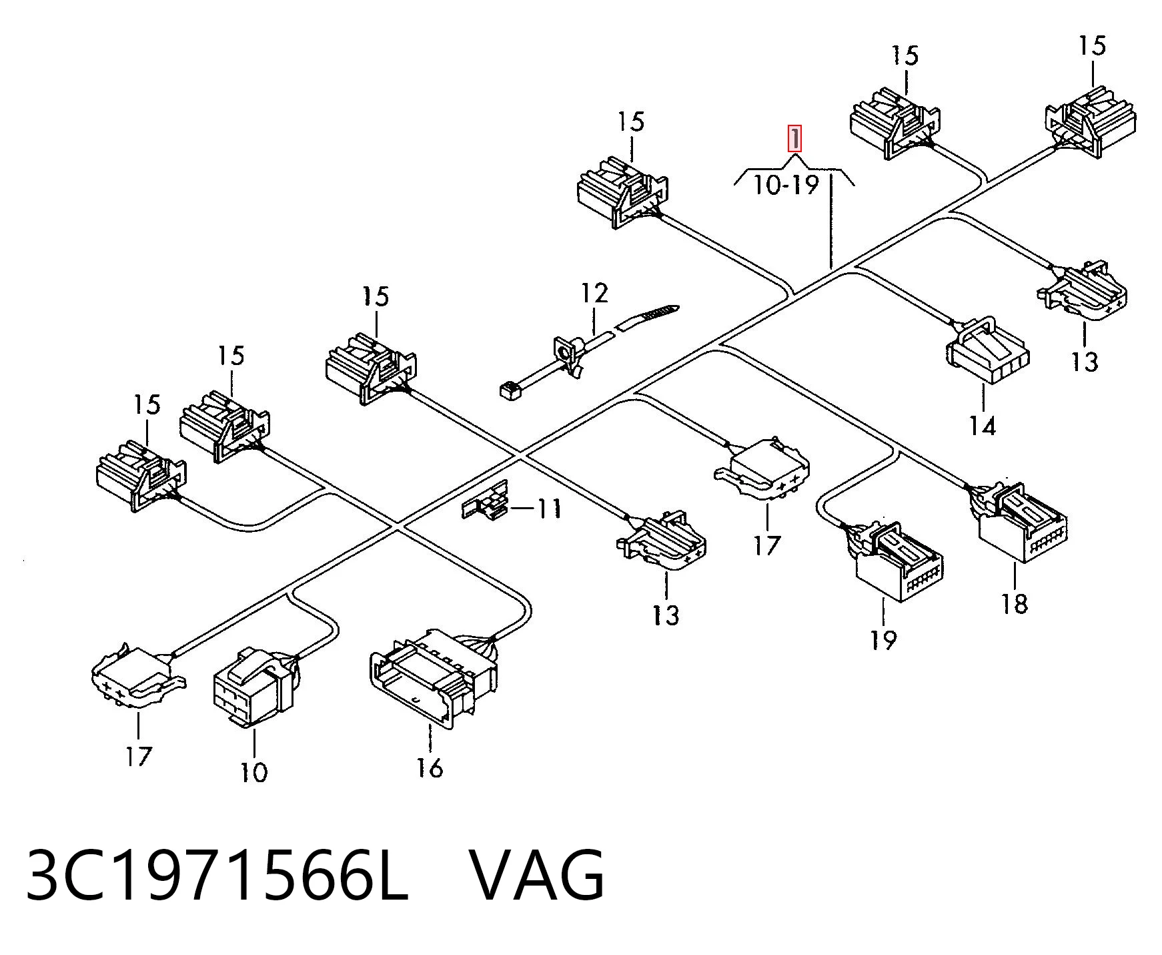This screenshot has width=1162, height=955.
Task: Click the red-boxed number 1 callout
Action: [x=794, y=139]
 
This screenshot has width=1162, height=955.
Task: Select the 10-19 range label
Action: [x=786, y=184]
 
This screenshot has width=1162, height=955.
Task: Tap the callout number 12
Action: [x=594, y=293]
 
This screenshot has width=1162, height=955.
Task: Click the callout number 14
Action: [x=982, y=425]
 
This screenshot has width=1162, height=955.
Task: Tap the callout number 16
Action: [x=430, y=767]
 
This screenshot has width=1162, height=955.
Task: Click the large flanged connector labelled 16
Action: [x=434, y=675]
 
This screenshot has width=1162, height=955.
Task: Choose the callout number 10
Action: [x=253, y=772]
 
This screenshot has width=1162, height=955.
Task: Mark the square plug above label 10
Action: [x=255, y=685]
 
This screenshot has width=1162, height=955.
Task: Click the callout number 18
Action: [x=1014, y=604]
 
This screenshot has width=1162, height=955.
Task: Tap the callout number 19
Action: [x=883, y=640]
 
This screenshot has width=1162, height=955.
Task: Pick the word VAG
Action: [x=538, y=875]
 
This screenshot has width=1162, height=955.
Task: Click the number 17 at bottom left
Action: [x=138, y=756]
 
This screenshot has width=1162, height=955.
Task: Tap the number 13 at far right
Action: [x=1084, y=361]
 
